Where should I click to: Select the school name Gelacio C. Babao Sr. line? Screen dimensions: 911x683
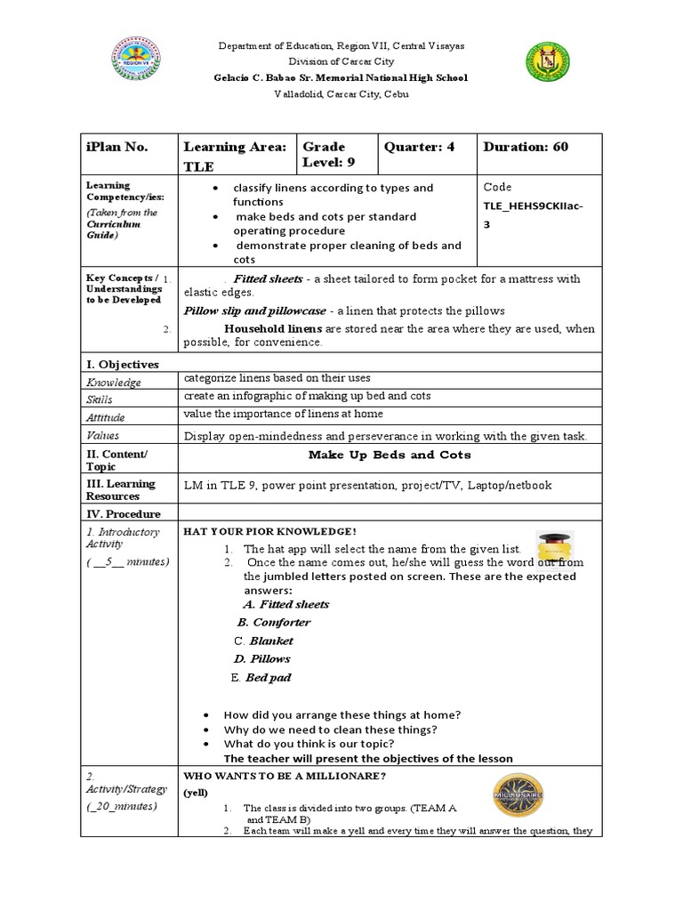click(x=341, y=77)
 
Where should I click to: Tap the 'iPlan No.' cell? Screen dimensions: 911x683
click(x=117, y=147)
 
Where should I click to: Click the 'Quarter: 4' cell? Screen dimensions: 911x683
click(x=419, y=147)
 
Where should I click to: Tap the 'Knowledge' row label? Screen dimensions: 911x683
click(x=113, y=383)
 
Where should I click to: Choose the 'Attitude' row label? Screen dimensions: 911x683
click(x=106, y=417)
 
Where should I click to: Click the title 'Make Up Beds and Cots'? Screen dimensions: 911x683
click(x=390, y=455)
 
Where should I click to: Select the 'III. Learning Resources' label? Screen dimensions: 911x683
click(x=120, y=489)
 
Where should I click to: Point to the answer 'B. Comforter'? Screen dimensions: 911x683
click(x=274, y=623)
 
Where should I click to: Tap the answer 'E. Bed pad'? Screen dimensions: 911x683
click(x=261, y=677)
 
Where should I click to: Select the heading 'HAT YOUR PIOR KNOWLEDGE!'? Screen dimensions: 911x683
click(x=269, y=530)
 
